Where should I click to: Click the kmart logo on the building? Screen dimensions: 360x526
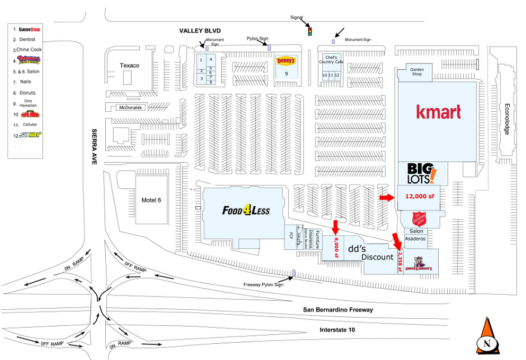438,112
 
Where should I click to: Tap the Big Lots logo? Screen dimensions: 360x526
418,173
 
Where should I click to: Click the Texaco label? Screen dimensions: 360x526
129,65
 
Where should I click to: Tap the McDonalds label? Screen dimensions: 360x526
130,108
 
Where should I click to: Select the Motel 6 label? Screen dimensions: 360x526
151,200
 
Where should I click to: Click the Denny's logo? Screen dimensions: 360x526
286,60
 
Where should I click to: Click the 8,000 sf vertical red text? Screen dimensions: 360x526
337,246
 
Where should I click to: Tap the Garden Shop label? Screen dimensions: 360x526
416,72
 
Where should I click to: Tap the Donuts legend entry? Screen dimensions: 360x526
27,93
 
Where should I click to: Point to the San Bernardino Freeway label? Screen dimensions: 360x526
338,310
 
